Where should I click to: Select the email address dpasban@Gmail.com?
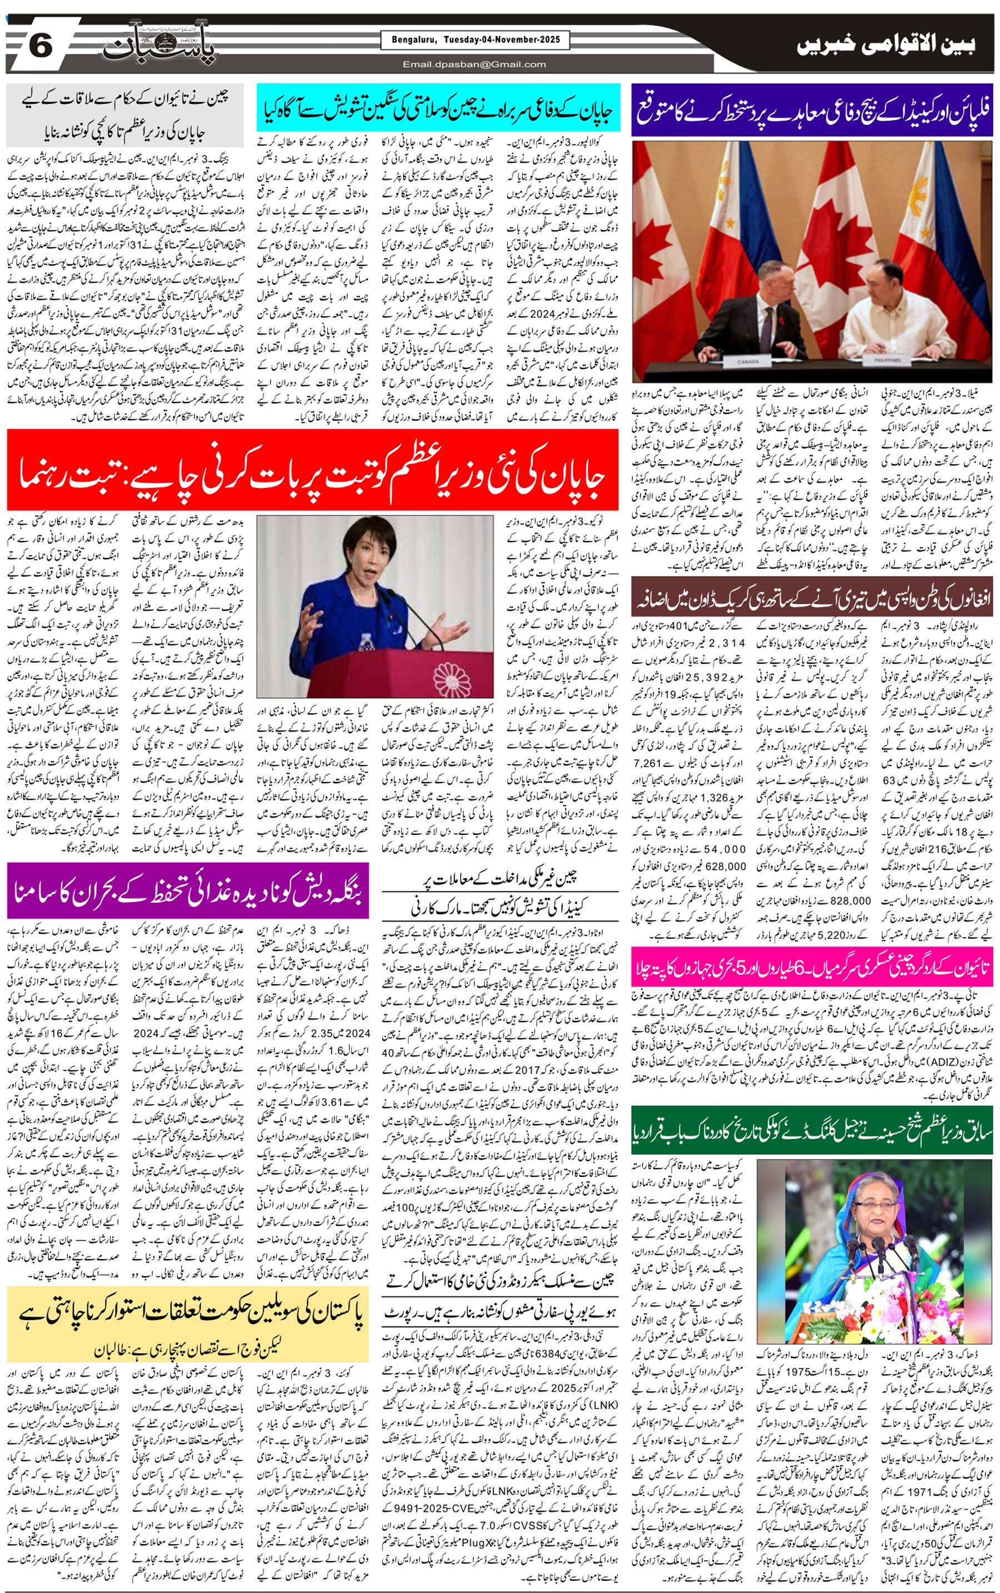[x=474, y=64]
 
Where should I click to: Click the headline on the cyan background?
[x=438, y=108]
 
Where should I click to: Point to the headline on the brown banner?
[x=812, y=600]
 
